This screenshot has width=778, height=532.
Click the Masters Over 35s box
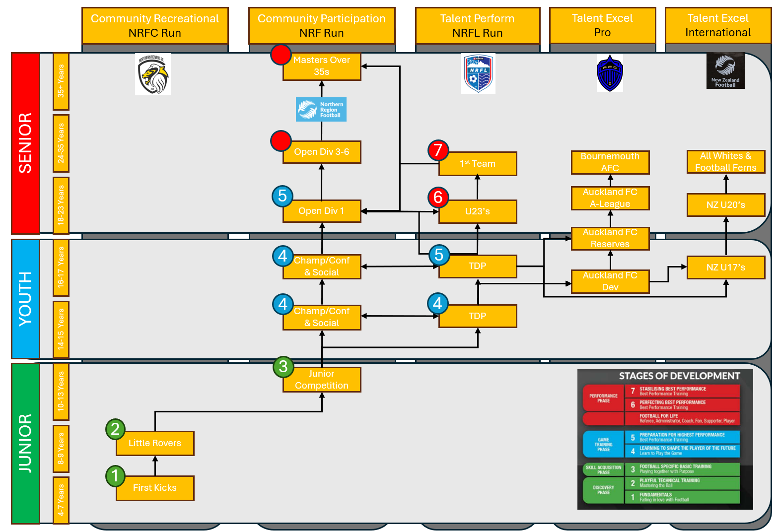coord(322,66)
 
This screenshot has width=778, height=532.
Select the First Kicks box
coord(155,488)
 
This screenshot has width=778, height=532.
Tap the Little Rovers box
coord(155,443)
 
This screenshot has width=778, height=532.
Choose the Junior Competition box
coord(322,380)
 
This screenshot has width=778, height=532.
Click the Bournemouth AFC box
coord(610,162)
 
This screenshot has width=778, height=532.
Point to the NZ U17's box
coord(726,267)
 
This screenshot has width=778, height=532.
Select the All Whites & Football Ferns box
coord(726,162)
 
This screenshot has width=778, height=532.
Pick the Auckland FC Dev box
coord(610,281)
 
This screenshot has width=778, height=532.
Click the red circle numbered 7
coord(438,150)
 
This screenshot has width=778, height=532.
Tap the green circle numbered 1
coord(115,476)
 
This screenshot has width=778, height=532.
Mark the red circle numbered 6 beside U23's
coord(438,198)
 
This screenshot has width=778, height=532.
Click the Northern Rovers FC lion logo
coord(153,74)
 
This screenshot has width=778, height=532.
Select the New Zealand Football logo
coord(725,71)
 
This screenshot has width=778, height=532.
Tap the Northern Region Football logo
coord(321,110)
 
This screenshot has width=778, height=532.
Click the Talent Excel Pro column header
coord(602,25)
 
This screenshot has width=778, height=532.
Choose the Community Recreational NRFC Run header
coord(155,26)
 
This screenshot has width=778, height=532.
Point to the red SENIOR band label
coord(25,143)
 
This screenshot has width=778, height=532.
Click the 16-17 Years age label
coord(61,268)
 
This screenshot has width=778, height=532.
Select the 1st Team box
coord(478,164)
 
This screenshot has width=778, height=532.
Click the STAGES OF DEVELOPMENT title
coord(679,376)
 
